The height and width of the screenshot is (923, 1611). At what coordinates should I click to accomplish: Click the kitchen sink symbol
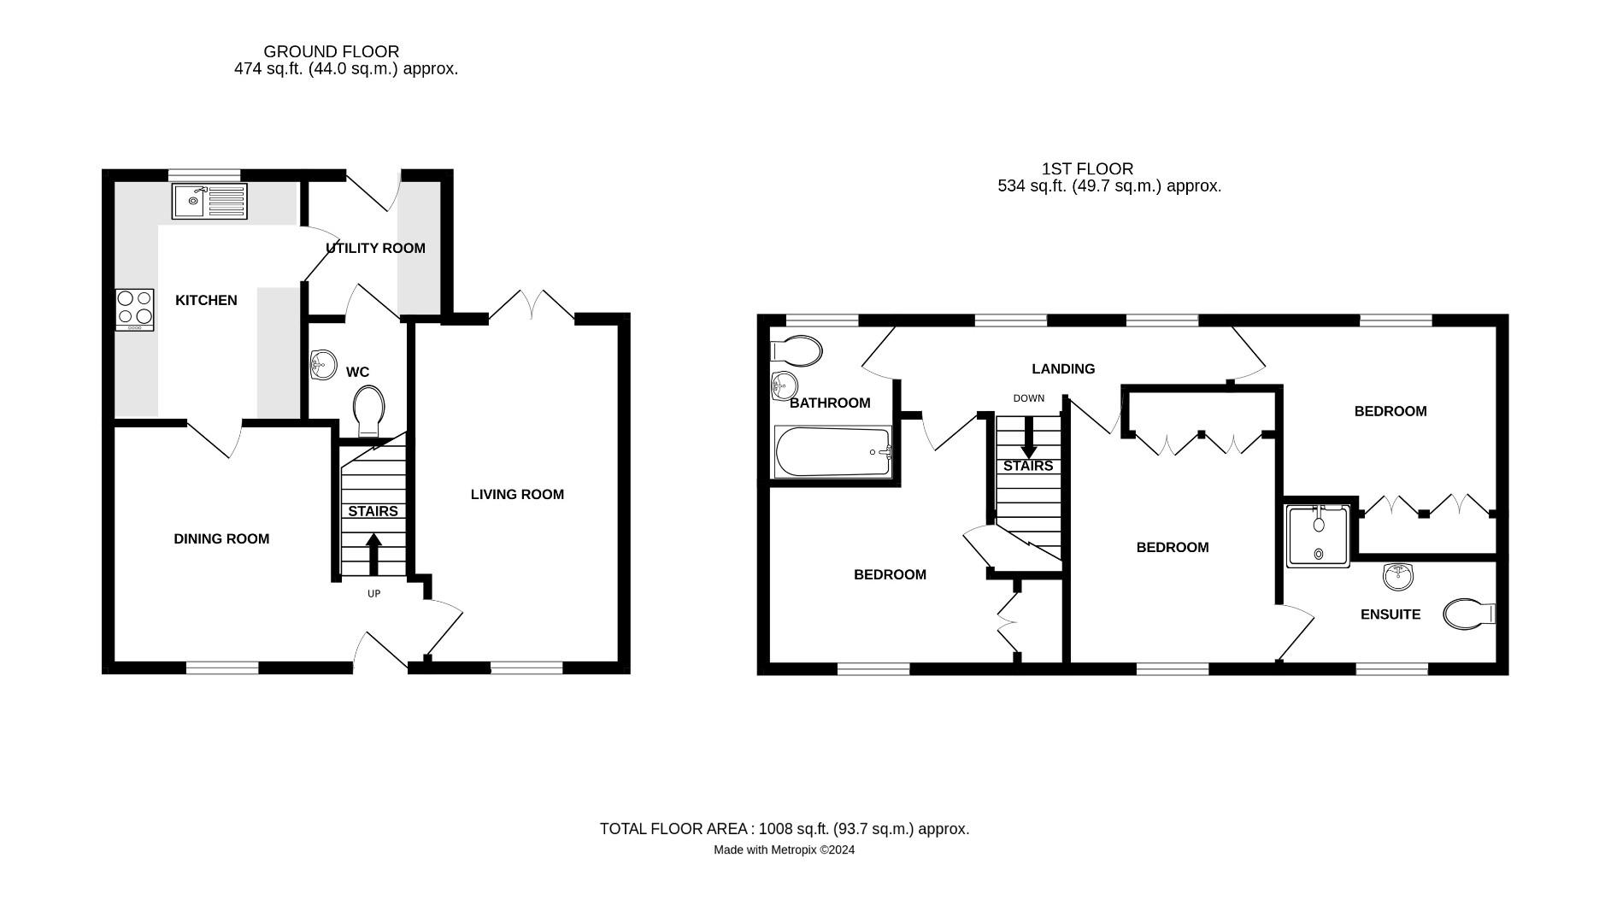(209, 202)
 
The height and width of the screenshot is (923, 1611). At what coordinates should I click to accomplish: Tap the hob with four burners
(135, 309)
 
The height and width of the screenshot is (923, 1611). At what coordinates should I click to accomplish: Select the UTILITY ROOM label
(375, 249)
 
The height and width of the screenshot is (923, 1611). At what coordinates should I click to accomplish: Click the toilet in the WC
(368, 410)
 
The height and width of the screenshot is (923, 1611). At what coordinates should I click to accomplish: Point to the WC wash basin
(321, 365)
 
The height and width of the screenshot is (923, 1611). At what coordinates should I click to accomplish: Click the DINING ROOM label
(221, 539)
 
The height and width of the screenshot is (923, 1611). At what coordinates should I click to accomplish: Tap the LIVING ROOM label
(517, 495)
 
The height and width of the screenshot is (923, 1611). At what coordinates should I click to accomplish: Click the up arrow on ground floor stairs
(373, 554)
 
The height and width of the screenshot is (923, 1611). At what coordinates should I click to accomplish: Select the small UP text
(373, 594)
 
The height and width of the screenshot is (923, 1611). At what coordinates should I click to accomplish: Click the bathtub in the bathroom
(833, 451)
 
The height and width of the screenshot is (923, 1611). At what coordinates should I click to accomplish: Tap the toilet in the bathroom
(797, 350)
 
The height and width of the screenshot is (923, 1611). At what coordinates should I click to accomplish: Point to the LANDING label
(1063, 369)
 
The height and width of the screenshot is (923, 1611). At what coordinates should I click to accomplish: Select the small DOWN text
(1029, 398)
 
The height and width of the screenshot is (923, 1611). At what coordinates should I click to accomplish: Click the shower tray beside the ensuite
(1318, 536)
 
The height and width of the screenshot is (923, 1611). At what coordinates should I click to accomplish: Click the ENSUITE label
(1391, 614)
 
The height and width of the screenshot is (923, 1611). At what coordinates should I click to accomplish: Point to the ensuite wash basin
(1398, 576)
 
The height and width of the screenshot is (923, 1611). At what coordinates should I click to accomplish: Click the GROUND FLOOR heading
(331, 52)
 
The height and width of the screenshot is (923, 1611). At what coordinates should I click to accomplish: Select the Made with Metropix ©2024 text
(784, 850)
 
